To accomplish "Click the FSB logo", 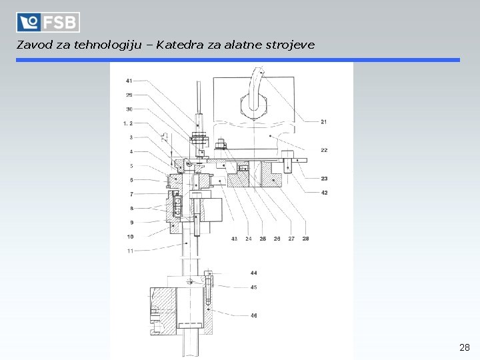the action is coord(48,22).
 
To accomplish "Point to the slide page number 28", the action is coord(465,347).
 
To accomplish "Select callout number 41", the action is coord(129,81).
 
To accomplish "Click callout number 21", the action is coord(323,122).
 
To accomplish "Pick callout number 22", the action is coord(324,150).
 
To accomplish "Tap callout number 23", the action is coord(324,179).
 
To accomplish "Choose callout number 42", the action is coord(324,193).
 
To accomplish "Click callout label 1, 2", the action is coord(128,123).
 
